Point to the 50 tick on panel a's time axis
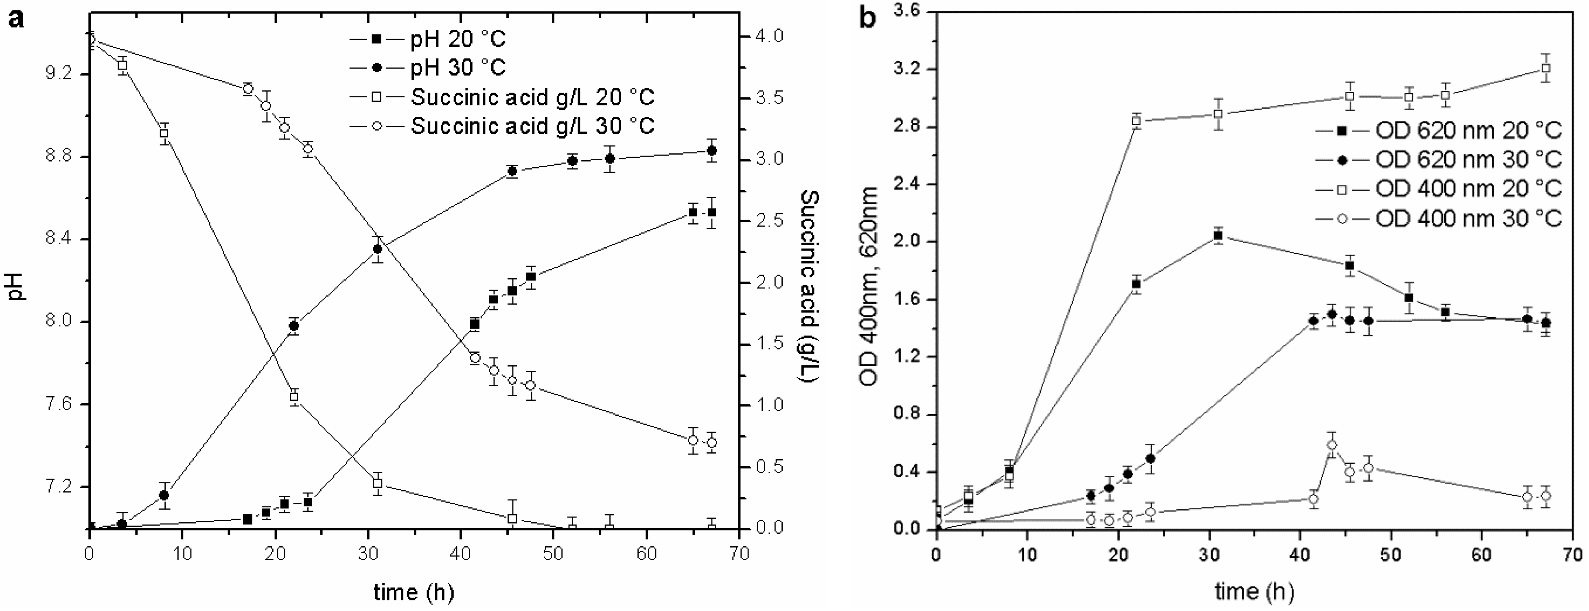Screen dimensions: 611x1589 point(554,553)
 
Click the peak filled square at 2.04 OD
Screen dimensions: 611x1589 point(1218,236)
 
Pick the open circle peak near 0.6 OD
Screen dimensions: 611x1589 point(1332,445)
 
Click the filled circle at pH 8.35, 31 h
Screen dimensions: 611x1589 point(378,249)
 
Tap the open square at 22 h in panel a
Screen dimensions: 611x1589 point(294,397)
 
